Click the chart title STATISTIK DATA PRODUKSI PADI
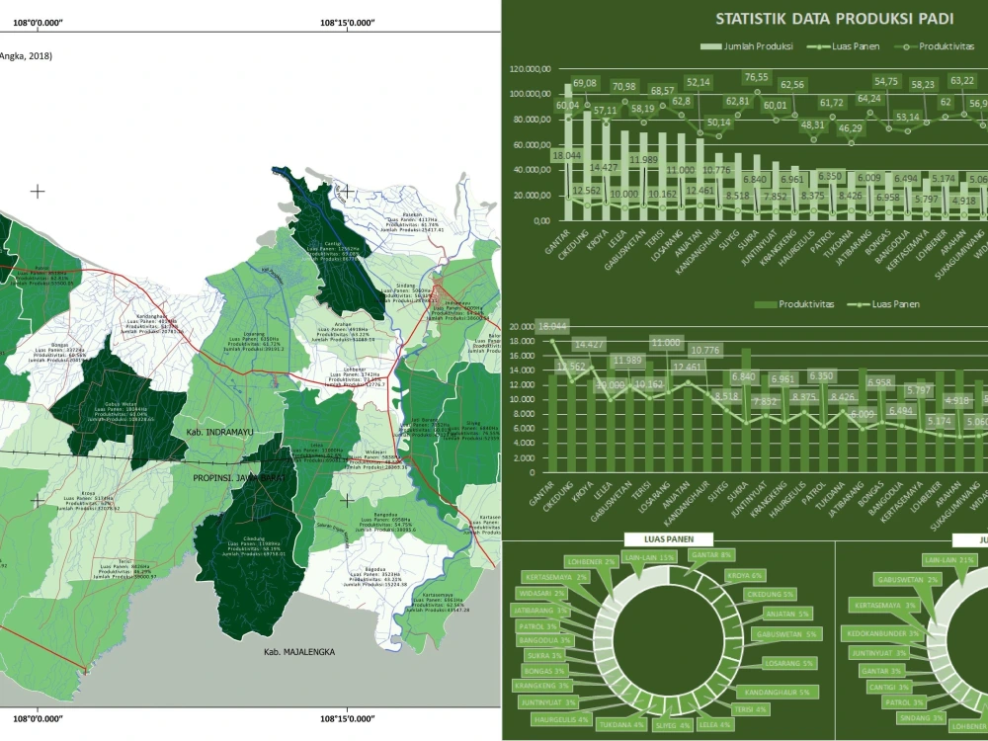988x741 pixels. click(834, 19)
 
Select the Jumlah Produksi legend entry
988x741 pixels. click(745, 46)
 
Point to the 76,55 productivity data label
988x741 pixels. click(756, 77)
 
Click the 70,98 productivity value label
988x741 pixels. click(623, 87)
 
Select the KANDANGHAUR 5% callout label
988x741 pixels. click(777, 692)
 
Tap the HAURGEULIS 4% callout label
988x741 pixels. click(561, 720)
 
